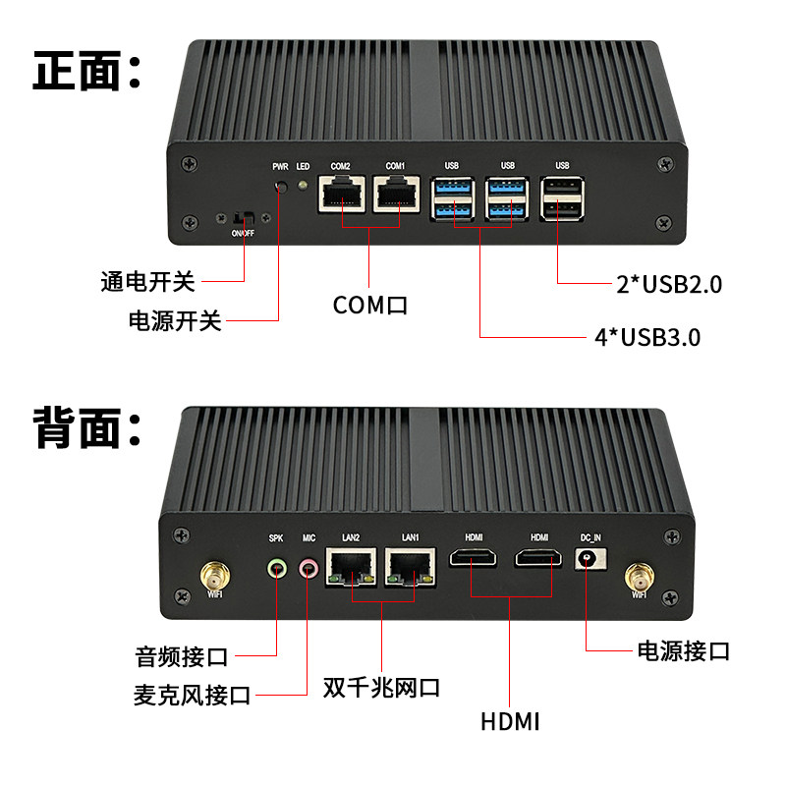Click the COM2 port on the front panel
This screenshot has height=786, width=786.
click(341, 197)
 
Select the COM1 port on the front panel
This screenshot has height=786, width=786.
click(395, 197)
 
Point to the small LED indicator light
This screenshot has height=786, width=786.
click(302, 184)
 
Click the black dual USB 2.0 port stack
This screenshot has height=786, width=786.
click(562, 200)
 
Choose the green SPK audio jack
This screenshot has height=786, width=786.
click(277, 567)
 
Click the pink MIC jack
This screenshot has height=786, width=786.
click(309, 567)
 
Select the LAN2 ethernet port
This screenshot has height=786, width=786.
click(351, 567)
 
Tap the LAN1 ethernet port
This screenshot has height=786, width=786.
click(410, 567)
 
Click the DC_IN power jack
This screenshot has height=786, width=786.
click(588, 561)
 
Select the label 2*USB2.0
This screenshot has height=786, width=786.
click(669, 285)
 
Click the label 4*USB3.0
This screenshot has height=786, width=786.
click(646, 338)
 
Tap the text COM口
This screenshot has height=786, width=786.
click(370, 306)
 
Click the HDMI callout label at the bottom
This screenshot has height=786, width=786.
click(511, 722)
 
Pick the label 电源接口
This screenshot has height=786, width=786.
click(684, 650)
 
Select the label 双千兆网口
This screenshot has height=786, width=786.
click(381, 686)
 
